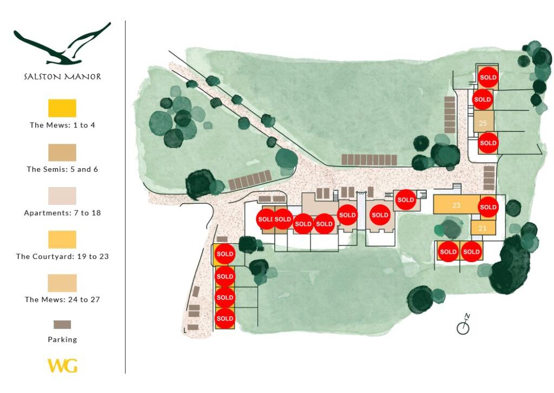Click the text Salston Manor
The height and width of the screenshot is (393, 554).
[63, 77]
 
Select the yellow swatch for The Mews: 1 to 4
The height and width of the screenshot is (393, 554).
[62, 108]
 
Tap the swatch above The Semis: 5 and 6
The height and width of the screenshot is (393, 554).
[62, 152]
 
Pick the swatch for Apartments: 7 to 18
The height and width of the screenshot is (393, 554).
[62, 196]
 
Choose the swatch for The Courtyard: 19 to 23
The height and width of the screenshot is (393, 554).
[62, 240]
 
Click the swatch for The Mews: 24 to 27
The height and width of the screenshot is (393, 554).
[62, 283]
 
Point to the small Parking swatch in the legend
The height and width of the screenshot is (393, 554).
[62, 324]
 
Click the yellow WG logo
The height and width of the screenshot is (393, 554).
[63, 366]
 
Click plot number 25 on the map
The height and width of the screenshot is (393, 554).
[483, 123]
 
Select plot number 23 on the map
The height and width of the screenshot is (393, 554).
[456, 205]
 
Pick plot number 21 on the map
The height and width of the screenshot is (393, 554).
[483, 229]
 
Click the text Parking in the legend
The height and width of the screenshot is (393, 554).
[63, 339]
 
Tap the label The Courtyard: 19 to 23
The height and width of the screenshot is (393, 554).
[63, 256]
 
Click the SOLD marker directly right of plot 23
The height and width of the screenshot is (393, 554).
[489, 207]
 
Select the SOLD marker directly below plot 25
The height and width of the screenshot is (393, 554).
[489, 143]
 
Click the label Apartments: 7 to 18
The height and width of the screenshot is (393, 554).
[63, 213]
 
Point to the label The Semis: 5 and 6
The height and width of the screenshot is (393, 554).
[63, 169]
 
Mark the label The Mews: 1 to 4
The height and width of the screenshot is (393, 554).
[63, 125]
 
